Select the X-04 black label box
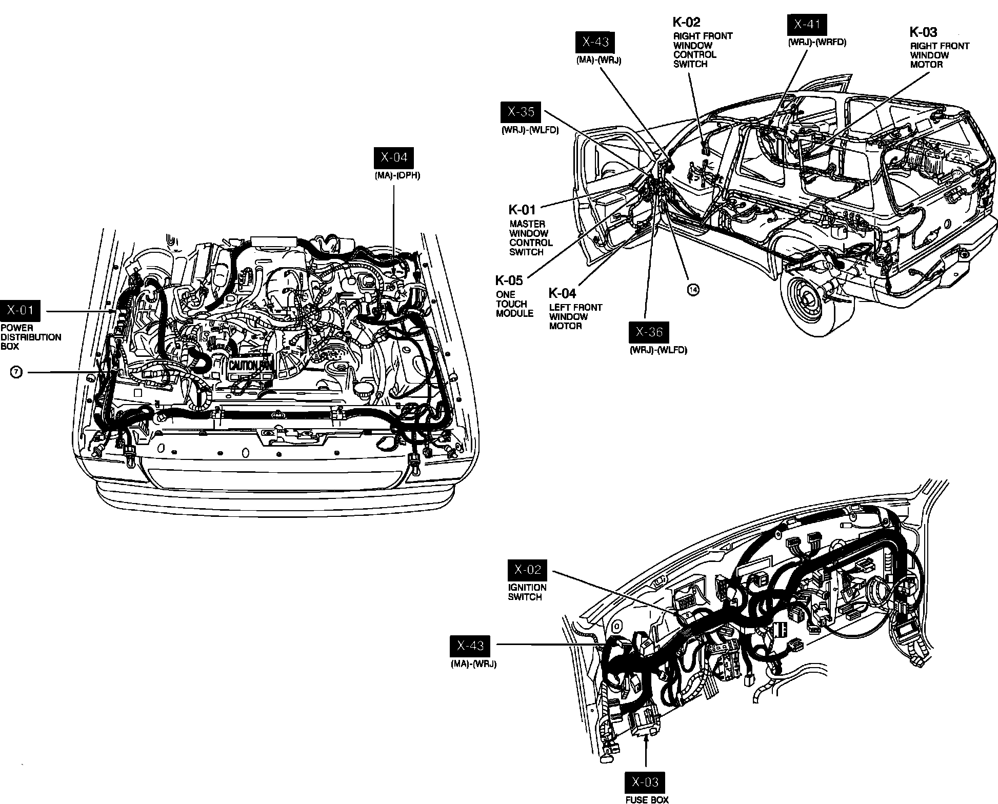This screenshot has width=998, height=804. click(394, 157)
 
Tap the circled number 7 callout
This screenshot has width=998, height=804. click(16, 372)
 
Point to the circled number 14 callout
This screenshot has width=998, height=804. click(693, 290)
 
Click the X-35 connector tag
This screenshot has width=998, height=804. click(521, 112)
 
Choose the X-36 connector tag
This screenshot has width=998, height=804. click(649, 332)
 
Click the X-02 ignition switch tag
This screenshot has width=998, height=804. click(528, 570)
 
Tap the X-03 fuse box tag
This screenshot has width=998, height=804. click(645, 782)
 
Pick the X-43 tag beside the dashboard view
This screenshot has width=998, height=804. click(470, 646)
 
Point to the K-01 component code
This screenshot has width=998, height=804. click(522, 210)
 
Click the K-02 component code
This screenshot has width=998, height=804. click(686, 22)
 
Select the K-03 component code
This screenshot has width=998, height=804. click(923, 32)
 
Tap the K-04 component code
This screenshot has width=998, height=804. click(562, 293)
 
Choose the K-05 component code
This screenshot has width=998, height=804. click(509, 280)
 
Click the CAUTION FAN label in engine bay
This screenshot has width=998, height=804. click(250, 366)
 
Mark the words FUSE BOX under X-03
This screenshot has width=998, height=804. click(647, 799)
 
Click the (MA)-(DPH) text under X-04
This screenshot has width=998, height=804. click(397, 175)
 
